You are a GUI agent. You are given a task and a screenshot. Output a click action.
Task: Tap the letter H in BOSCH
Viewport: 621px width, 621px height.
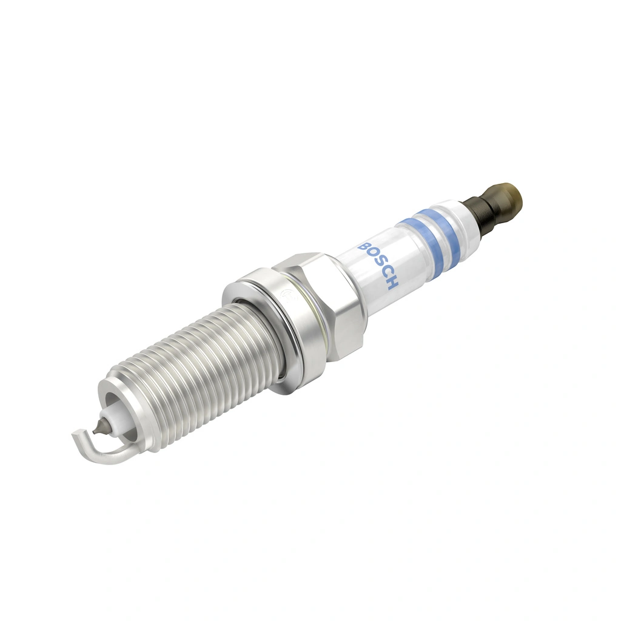(391, 283)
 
